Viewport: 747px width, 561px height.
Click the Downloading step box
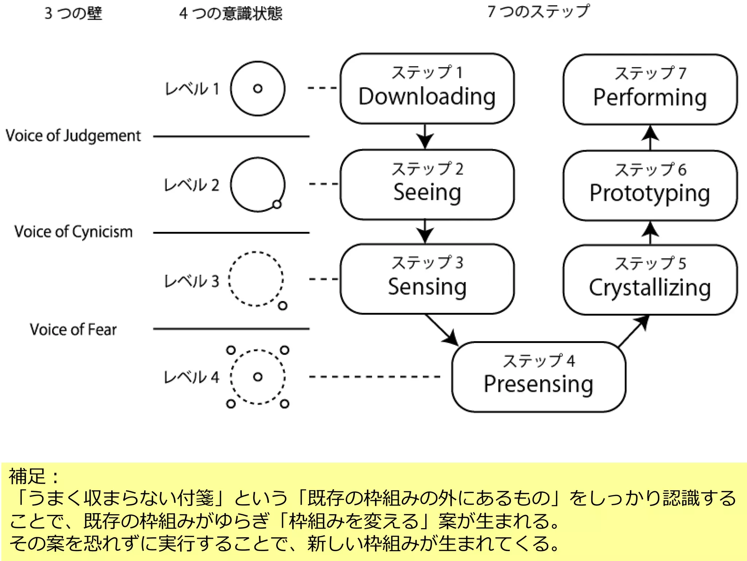coord(427,89)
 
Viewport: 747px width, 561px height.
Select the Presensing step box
coord(538,377)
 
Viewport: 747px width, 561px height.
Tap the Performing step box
coord(650,89)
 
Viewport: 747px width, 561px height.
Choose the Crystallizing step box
coord(650,280)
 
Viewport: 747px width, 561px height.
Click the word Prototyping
coord(650,193)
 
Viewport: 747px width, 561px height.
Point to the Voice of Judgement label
coord(73,136)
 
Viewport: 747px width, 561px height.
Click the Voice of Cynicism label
coord(73,232)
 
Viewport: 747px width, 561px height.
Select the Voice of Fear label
coord(73,329)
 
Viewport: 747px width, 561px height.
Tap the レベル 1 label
coord(192,89)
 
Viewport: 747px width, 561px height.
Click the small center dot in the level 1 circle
coord(258,88)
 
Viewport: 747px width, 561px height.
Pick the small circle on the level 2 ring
coord(277,204)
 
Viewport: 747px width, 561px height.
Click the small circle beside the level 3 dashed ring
coord(283,306)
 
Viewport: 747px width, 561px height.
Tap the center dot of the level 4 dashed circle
coord(258,377)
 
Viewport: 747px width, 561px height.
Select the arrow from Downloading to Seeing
coord(425,137)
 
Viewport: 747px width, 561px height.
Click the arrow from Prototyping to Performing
coord(650,137)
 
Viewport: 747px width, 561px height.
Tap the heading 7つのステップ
coord(538,12)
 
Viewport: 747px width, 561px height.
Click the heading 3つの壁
coord(73,14)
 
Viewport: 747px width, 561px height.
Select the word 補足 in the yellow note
coord(27,476)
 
